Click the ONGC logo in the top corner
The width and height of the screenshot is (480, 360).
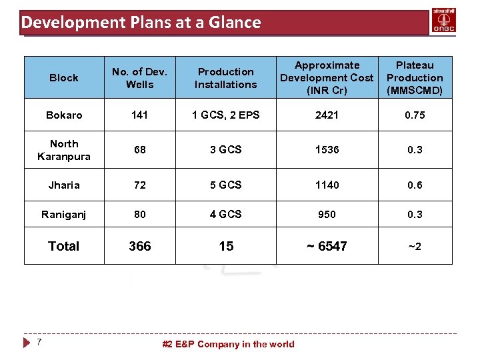(445, 21)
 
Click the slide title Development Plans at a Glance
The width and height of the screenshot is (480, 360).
(141, 22)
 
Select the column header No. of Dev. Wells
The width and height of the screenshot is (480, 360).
(139, 78)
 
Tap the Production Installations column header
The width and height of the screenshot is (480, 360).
(225, 78)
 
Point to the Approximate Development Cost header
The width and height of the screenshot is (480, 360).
(327, 78)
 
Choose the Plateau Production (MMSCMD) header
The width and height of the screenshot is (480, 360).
(415, 78)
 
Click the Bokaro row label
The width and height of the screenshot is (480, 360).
(64, 115)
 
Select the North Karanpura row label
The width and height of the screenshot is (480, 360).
(64, 150)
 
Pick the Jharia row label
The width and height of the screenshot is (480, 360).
(64, 185)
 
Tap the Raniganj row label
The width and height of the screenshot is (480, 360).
(64, 215)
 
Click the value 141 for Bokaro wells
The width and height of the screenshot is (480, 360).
(139, 115)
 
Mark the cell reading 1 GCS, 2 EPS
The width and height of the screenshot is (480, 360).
(225, 115)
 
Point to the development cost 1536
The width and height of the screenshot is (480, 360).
(327, 150)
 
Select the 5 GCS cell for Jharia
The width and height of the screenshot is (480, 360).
(225, 185)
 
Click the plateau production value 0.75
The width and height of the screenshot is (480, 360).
(415, 115)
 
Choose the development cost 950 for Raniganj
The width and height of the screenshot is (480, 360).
(327, 215)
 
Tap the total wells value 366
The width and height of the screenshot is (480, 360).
(139, 246)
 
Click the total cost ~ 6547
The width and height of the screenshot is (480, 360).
(327, 246)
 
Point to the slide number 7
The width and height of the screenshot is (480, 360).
(39, 342)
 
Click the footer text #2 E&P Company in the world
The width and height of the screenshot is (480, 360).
(228, 344)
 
